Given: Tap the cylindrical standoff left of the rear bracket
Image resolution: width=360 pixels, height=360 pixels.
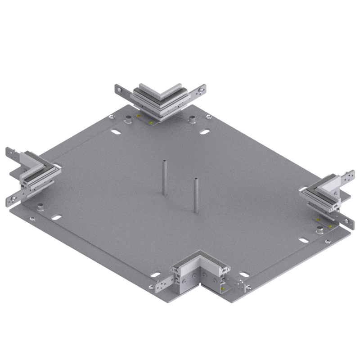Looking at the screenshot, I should (129, 120).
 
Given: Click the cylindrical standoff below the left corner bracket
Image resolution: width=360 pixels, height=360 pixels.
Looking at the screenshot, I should (40, 207).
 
